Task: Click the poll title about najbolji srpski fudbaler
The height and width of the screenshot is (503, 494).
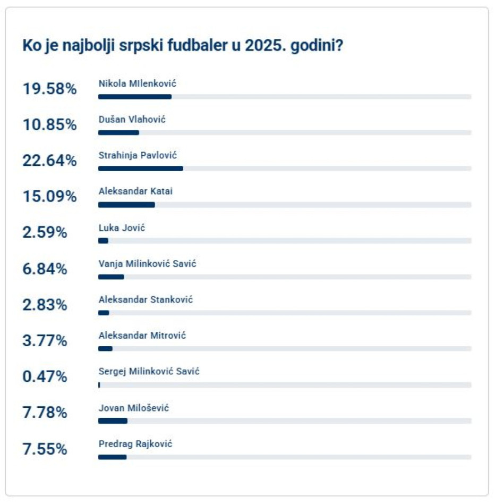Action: pos(182,46)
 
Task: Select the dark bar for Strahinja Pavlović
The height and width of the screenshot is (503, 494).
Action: pos(141,169)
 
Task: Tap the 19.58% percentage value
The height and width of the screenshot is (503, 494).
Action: pos(49,89)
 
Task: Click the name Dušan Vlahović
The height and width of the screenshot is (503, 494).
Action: pos(132,120)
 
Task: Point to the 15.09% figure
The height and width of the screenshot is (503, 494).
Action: pos(49,197)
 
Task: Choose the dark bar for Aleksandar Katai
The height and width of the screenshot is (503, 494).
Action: pos(126,205)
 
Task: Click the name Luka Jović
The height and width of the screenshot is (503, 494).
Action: pos(122,228)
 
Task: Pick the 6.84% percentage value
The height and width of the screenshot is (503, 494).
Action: pos(45,269)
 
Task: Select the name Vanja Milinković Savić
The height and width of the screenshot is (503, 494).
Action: pos(147,264)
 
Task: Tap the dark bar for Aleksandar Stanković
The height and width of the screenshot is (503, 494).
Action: pos(104,313)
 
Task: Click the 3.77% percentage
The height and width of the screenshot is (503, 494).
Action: pos(45,341)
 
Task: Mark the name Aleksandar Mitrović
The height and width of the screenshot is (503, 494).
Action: pos(142,336)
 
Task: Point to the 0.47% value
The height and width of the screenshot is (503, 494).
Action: pos(45,377)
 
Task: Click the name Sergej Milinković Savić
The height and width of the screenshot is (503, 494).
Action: pos(149,372)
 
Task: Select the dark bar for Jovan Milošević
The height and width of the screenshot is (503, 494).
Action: pos(113,421)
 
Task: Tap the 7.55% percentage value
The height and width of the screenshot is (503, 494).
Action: pos(45,449)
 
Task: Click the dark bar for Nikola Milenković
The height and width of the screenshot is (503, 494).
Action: pos(135,97)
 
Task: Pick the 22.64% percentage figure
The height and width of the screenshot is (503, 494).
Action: pos(49,161)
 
